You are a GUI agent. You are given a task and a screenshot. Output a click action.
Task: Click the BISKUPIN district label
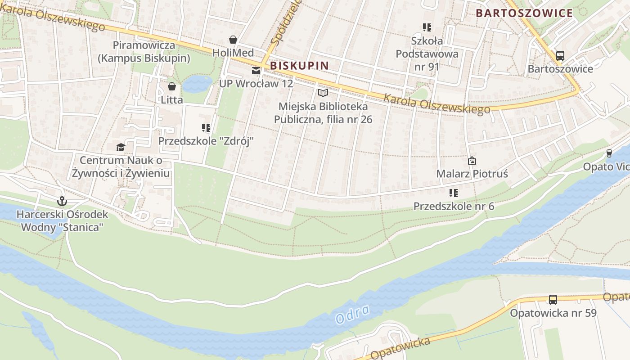299,66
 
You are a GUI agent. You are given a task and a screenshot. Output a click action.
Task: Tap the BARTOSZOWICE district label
524,13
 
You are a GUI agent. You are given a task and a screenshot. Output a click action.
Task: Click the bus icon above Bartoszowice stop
560,56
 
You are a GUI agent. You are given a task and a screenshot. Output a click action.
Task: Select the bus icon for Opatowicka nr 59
553,299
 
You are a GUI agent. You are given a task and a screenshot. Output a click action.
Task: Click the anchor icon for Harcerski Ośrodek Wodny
62,201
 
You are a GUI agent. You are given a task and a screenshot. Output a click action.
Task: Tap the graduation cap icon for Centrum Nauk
120,147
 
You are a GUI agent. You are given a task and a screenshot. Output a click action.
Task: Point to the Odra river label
352,314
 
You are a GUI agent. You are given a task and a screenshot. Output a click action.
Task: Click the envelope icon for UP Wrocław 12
256,70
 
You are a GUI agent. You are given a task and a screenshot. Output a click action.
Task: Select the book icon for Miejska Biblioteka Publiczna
323,93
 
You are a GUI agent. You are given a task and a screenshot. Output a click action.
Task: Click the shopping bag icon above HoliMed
233,40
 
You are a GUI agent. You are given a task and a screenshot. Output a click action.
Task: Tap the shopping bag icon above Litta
171,86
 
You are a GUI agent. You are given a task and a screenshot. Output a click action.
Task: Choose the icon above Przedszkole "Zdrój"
206,128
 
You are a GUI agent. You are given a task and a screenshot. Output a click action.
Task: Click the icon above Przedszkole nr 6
454,193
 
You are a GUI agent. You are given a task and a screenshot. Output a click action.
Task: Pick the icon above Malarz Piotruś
472,160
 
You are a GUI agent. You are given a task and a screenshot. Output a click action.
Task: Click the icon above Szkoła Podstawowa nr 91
427,27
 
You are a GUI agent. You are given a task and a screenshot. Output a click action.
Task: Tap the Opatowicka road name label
399,348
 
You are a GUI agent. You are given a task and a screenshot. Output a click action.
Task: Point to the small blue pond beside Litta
197,84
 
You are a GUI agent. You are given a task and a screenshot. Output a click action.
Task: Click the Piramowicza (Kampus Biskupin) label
144,52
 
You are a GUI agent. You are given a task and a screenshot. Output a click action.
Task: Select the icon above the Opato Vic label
609,153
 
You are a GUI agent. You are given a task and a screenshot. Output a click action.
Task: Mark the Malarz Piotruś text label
472,174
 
